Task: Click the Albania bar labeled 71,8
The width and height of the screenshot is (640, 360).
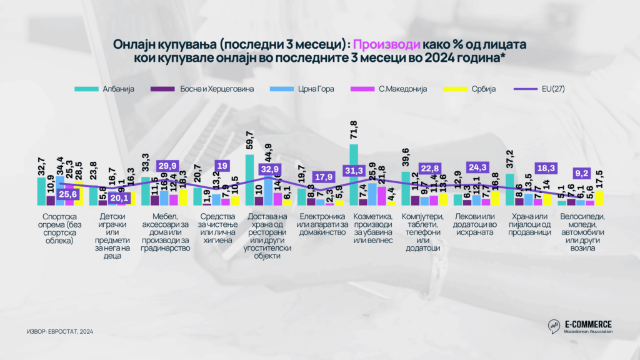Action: (x=354, y=174)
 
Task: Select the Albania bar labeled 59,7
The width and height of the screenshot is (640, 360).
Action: (x=249, y=180)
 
